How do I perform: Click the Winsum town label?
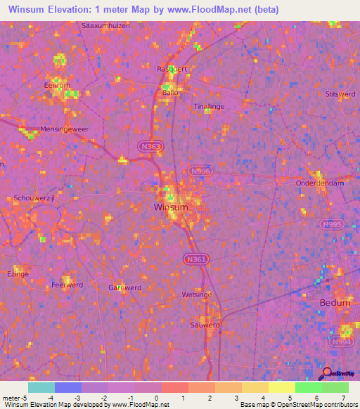coord(171,208)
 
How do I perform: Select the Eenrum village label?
coord(57,85)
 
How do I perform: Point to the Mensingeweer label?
coord(49,129)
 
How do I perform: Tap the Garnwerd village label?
coord(125,287)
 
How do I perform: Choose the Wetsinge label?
coord(196,294)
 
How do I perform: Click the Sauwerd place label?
coord(205,325)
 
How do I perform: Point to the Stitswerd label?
coord(341,93)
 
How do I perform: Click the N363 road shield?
coord(149,145)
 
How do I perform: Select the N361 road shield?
coord(196,259)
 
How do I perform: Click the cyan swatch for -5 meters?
coord(41,387)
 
